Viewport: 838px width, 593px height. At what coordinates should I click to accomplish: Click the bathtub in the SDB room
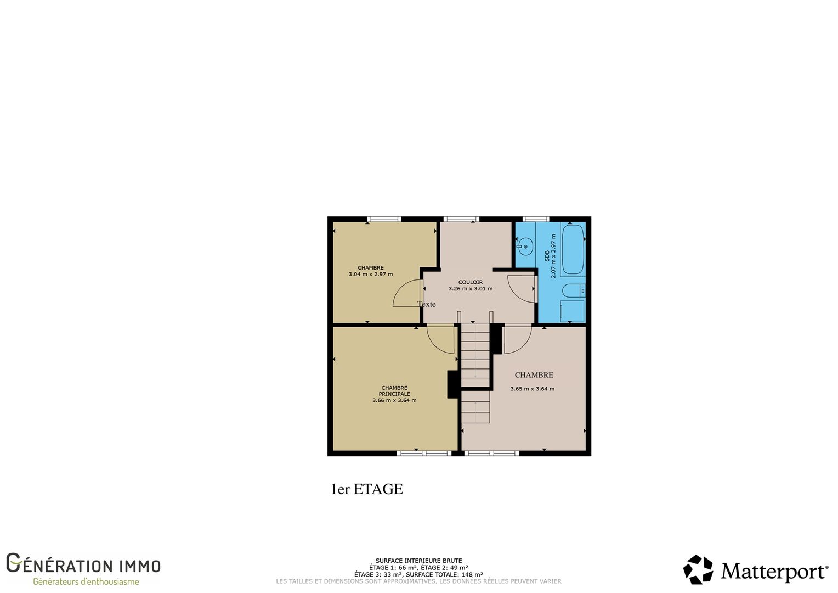(573, 250)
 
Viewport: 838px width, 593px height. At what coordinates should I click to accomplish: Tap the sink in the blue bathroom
(524, 247)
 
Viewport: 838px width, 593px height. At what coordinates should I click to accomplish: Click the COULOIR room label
(470, 282)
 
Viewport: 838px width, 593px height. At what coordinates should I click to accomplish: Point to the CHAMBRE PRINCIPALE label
(394, 391)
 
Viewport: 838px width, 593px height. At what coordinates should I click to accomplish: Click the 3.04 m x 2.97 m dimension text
(371, 274)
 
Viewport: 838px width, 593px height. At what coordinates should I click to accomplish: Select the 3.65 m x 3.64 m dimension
(533, 388)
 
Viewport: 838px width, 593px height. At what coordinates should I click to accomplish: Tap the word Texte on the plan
(427, 304)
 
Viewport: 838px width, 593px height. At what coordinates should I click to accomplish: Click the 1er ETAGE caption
(367, 489)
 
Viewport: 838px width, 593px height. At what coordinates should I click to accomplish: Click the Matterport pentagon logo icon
(698, 569)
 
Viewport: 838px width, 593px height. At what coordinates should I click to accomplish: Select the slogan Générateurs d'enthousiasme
(86, 581)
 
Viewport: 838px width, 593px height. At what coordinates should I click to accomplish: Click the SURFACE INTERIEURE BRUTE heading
(418, 561)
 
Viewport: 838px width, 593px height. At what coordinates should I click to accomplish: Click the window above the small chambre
(384, 219)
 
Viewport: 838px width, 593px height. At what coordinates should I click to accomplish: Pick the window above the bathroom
(536, 219)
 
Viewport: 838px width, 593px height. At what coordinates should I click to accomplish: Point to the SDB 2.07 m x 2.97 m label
(550, 256)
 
